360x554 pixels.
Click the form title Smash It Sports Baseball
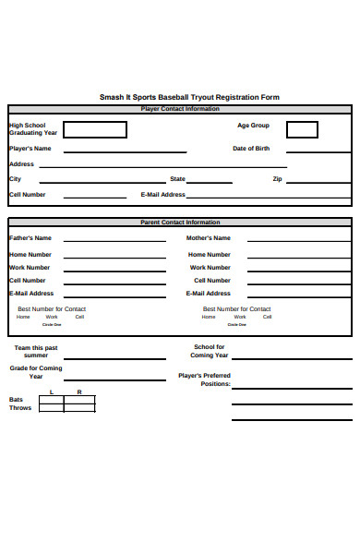coord(189,97)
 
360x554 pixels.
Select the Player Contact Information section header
coord(180,109)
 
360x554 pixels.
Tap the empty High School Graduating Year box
coord(95,129)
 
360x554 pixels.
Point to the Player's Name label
coord(30,148)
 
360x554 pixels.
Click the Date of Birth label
coord(251,148)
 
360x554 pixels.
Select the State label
coord(177,179)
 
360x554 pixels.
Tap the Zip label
coord(277,179)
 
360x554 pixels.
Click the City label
coord(15,179)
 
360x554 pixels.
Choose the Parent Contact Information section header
coord(180,223)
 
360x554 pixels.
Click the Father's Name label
coord(30,238)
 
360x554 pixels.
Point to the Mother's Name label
coord(209,238)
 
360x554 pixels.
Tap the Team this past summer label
coord(36,352)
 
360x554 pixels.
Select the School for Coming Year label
coord(209,352)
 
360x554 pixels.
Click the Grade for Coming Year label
coord(36,372)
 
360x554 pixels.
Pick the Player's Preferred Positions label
coord(205,379)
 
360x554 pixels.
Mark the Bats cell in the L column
coord(52,400)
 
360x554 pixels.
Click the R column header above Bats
coord(79,392)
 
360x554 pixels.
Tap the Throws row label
coord(20,408)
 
